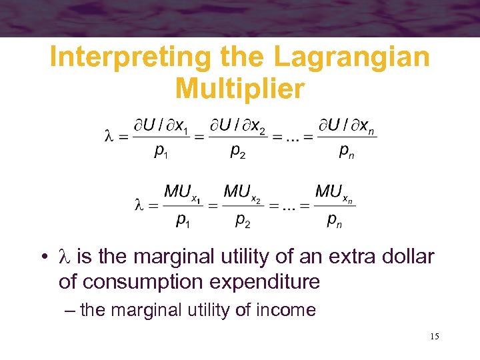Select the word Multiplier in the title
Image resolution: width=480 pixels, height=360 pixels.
click(x=239, y=87)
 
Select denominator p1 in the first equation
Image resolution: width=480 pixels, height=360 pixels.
click(x=161, y=153)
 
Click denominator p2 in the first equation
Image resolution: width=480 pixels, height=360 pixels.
click(x=237, y=153)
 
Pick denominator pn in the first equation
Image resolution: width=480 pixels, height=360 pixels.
click(x=347, y=153)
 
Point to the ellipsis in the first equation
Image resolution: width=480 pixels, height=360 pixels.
click(x=289, y=138)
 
